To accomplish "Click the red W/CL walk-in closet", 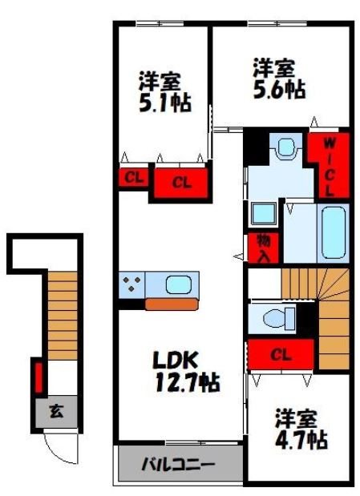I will [330, 167].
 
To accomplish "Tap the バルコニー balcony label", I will [179, 464].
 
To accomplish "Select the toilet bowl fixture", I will [272, 318].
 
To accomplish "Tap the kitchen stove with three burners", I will [132, 283].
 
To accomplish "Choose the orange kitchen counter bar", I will [171, 304].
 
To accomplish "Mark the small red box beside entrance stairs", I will [37, 377].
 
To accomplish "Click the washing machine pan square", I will [262, 214].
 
